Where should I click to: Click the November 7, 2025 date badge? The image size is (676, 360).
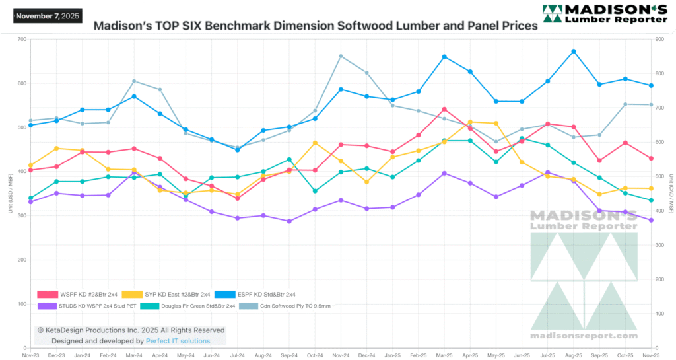(x=46, y=15)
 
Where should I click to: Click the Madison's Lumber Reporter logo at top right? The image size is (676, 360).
(x=604, y=15)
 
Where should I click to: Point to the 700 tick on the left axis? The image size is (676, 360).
(x=21, y=39)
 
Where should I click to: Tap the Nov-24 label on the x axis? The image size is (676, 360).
(x=341, y=355)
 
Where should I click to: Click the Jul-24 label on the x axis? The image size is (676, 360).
(x=237, y=355)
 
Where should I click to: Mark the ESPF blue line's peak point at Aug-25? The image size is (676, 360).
(x=574, y=51)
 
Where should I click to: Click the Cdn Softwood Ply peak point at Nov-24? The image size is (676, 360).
(x=341, y=56)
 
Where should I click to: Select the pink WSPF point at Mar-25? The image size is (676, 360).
(x=444, y=109)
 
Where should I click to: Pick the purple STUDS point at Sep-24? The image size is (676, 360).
(x=289, y=221)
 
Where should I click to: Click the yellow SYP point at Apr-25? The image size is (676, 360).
(x=470, y=122)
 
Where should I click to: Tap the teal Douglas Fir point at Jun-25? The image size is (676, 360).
(x=522, y=139)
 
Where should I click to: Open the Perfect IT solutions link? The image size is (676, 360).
(x=178, y=341)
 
